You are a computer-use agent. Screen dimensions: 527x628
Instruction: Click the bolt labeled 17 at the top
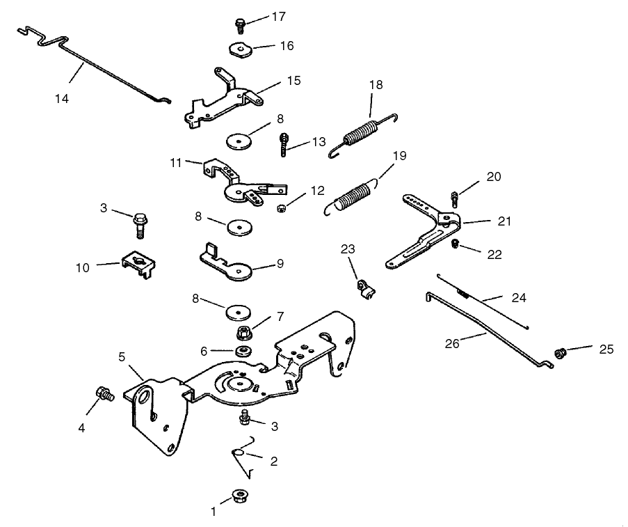pos(239,25)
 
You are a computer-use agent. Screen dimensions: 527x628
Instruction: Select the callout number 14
pos(62,99)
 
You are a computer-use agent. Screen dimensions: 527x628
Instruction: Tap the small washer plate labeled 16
pos(240,51)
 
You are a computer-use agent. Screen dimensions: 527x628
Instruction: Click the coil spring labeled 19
pos(355,193)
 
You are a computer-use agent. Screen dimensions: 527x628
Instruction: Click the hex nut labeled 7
pos(245,330)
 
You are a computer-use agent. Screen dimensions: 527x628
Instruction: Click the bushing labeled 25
pos(560,354)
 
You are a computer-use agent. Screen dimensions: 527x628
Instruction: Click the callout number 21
pos(504,222)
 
